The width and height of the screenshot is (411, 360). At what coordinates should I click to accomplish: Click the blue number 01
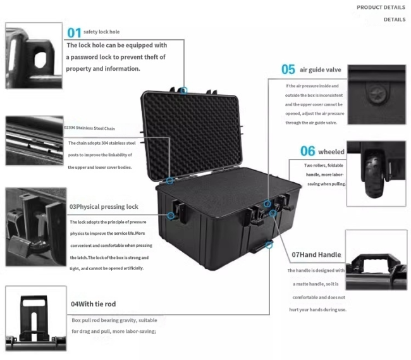74,32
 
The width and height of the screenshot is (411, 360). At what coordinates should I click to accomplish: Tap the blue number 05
288,70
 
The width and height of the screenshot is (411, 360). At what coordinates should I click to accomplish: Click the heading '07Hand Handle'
316,255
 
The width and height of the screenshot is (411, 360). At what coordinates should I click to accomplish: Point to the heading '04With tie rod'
93,304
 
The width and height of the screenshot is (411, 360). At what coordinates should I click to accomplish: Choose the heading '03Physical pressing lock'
104,207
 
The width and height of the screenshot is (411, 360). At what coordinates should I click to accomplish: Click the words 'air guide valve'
321,70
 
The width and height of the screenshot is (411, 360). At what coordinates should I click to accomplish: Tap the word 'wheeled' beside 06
331,152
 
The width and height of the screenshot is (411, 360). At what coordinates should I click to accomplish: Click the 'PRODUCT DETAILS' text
381,8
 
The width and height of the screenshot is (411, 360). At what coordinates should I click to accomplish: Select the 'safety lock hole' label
101,32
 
